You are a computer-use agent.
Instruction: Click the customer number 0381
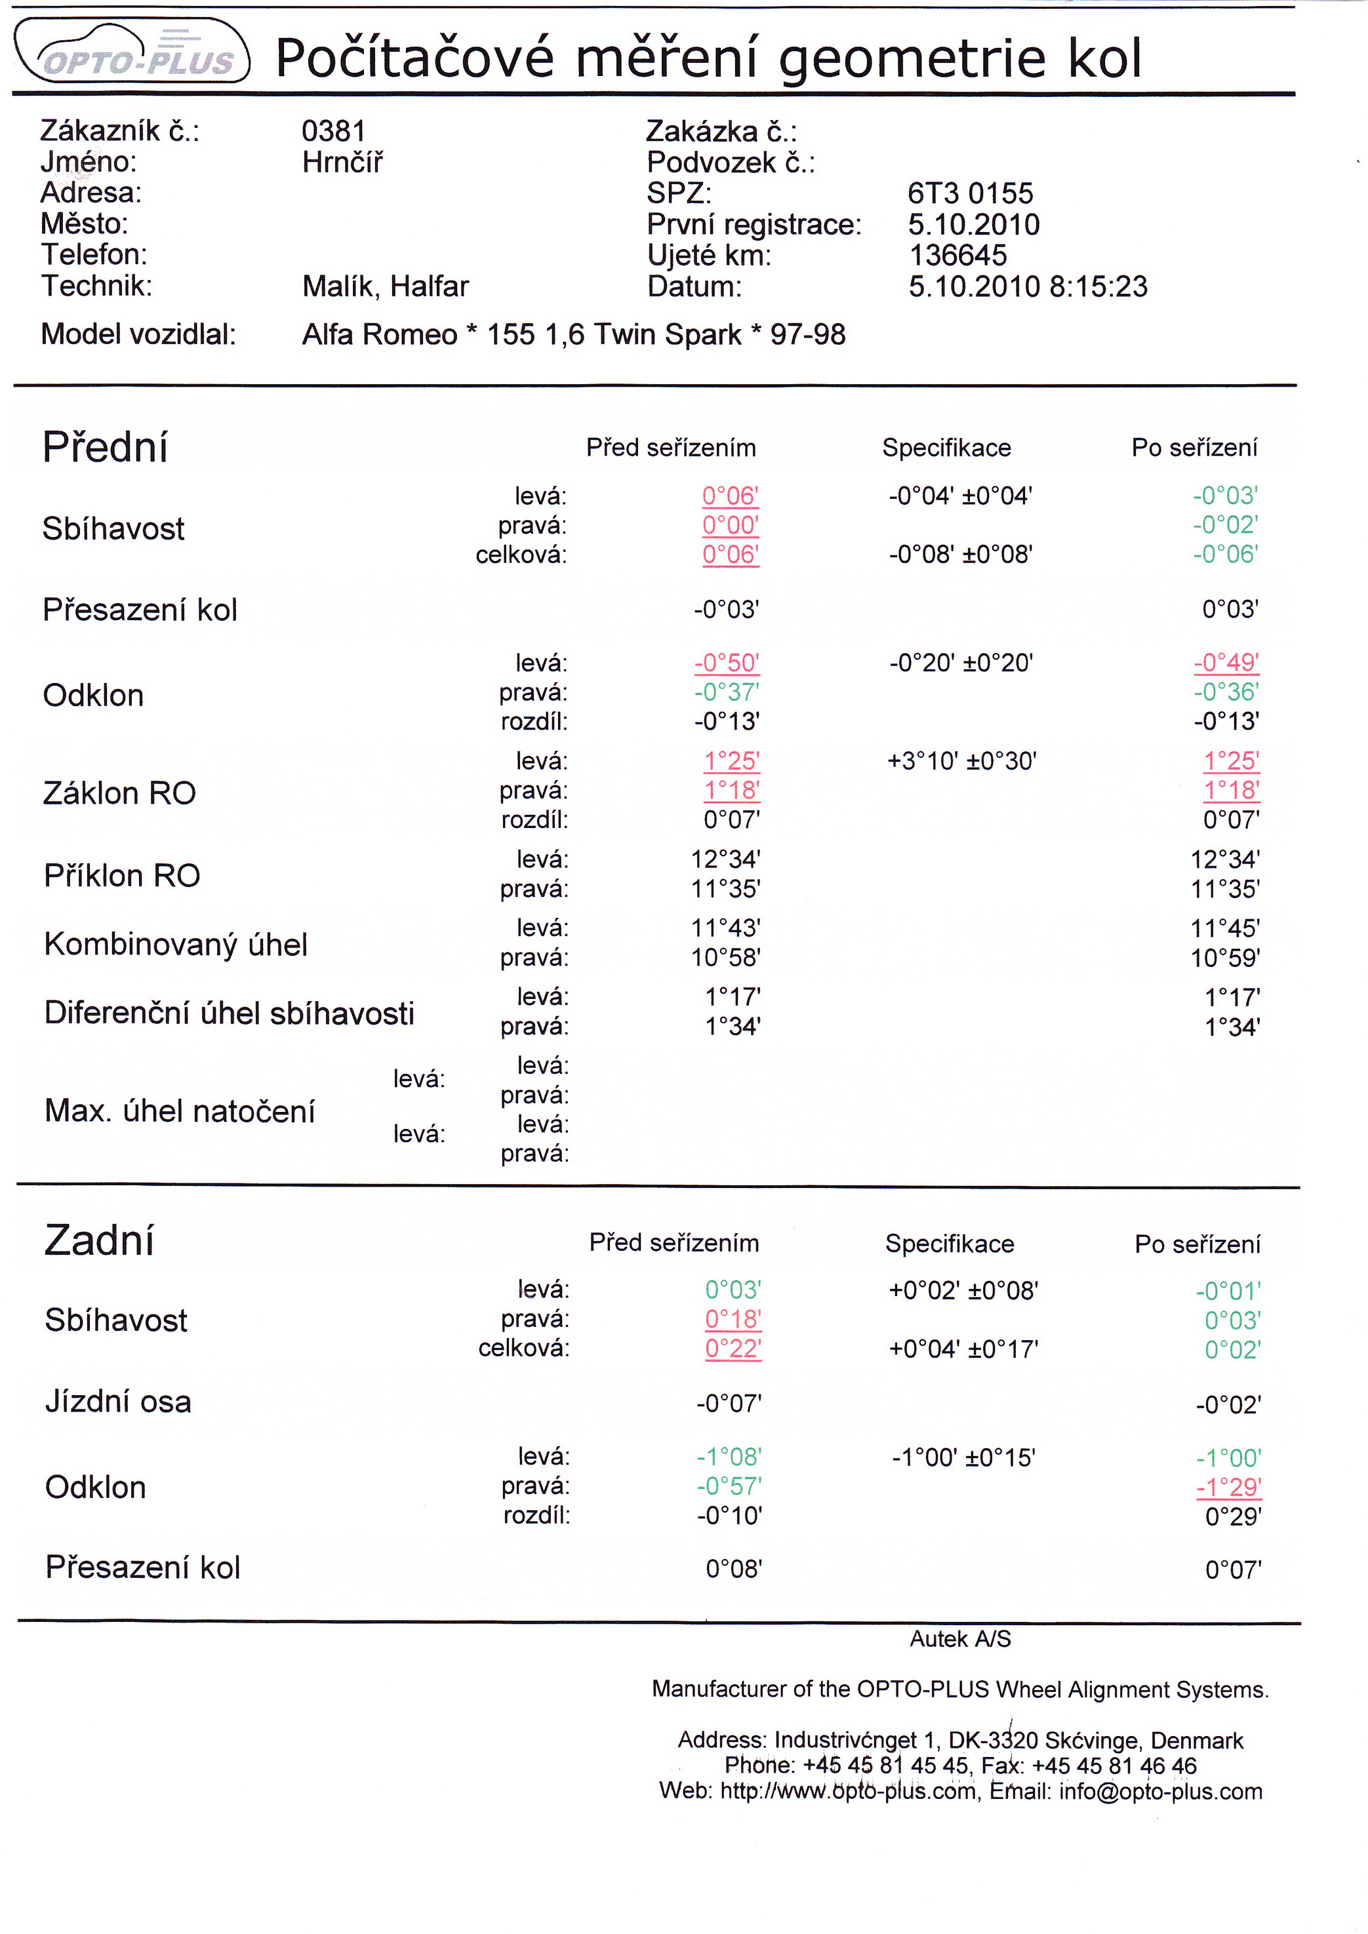click(x=334, y=131)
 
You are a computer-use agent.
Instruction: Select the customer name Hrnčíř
click(x=342, y=162)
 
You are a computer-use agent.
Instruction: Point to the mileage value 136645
click(x=957, y=255)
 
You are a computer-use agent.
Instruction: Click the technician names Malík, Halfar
click(x=385, y=286)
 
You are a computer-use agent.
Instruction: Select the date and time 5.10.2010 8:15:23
click(x=1027, y=286)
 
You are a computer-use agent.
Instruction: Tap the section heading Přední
click(x=106, y=446)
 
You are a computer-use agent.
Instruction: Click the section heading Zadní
click(x=100, y=1241)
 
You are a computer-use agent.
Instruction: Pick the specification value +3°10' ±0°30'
click(x=961, y=761)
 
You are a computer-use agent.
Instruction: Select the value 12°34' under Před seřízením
click(x=725, y=859)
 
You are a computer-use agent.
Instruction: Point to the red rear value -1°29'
click(x=1228, y=1487)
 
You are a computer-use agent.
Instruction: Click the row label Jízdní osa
click(x=118, y=1402)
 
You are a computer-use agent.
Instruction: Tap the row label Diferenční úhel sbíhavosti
click(x=229, y=1012)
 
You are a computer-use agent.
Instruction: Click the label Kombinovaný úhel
click(x=175, y=944)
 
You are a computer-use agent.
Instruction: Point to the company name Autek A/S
click(x=959, y=1638)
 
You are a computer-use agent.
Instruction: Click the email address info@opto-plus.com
click(x=1160, y=1792)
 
